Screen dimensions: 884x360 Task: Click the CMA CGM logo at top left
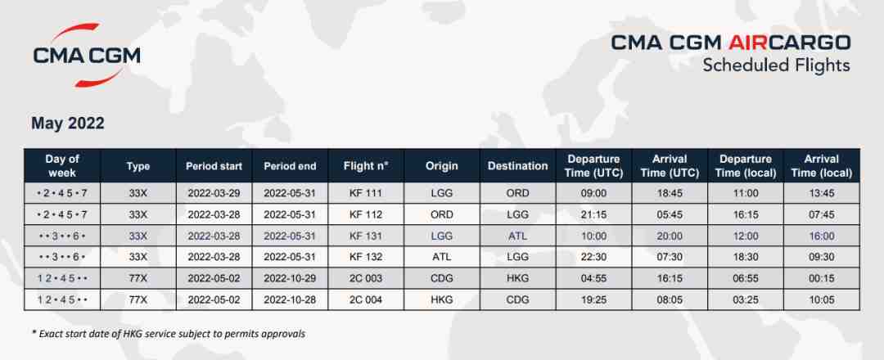pyautogui.click(x=86, y=56)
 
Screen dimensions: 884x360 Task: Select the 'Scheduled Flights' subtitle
pyautogui.click(x=776, y=65)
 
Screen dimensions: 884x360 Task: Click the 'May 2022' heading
pyautogui.click(x=68, y=124)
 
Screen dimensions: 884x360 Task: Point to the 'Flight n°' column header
pyautogui.click(x=366, y=166)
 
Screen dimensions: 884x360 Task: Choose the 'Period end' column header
pyautogui.click(x=290, y=166)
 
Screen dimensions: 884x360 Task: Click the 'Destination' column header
pyautogui.click(x=517, y=166)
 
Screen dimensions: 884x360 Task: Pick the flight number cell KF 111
pyautogui.click(x=366, y=193)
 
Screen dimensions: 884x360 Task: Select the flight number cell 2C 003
pyautogui.click(x=366, y=278)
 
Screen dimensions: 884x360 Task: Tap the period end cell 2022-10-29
pyautogui.click(x=290, y=278)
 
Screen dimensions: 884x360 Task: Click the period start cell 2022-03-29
pyautogui.click(x=214, y=193)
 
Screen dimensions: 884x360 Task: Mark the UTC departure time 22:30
pyautogui.click(x=593, y=257)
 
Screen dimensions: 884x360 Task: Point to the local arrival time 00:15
pyautogui.click(x=821, y=278)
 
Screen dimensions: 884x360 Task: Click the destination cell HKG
pyautogui.click(x=517, y=278)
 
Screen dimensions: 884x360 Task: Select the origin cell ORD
pyautogui.click(x=441, y=214)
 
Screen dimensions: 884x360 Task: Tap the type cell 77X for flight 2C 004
pyautogui.click(x=138, y=299)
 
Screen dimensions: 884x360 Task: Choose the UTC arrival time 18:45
pyautogui.click(x=670, y=193)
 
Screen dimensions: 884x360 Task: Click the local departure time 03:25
pyautogui.click(x=746, y=299)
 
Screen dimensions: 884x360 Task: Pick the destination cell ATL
pyautogui.click(x=517, y=236)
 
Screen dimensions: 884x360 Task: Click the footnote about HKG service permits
pyautogui.click(x=169, y=334)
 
